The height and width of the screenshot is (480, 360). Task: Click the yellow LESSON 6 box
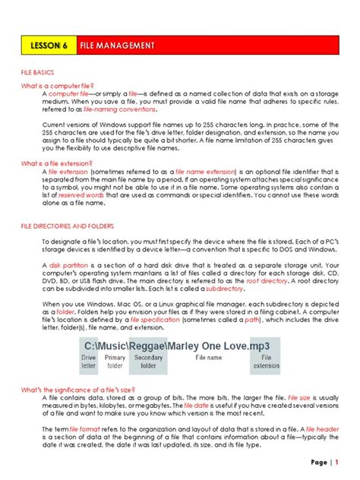pyautogui.click(x=49, y=46)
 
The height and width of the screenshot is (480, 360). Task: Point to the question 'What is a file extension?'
pyautogui.click(x=56, y=163)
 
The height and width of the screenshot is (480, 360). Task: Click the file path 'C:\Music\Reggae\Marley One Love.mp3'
pyautogui.click(x=180, y=346)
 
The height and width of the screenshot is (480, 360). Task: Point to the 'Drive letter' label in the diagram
pyautogui.click(x=89, y=362)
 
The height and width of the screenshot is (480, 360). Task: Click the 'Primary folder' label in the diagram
pyautogui.click(x=115, y=362)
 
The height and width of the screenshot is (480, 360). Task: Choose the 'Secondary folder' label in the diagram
pyautogui.click(x=148, y=362)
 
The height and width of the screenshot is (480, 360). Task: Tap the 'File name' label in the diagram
pyautogui.click(x=209, y=357)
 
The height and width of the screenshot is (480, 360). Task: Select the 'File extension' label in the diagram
pyautogui.click(x=266, y=362)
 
